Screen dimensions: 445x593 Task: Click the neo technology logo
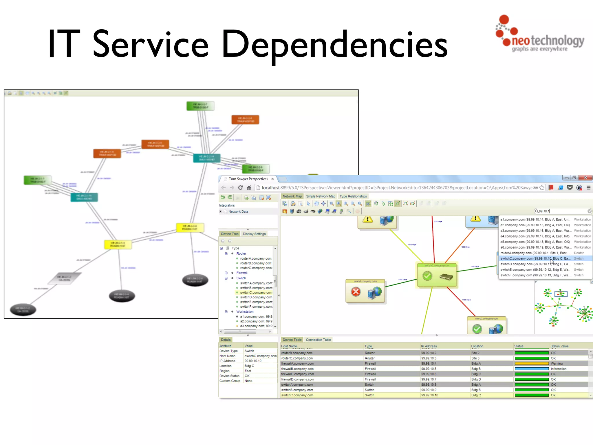[540, 35]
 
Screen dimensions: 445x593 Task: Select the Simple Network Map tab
[321, 196]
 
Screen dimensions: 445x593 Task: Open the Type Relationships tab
[353, 196]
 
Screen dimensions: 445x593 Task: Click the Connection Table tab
[318, 340]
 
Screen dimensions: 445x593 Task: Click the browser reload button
[240, 188]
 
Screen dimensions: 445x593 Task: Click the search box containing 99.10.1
[560, 211]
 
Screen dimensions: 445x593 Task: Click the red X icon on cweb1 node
[356, 292]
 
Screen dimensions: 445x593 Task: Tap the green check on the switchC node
[427, 276]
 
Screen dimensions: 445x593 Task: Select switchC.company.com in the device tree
[256, 293]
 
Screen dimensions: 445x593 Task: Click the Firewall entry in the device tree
[242, 273]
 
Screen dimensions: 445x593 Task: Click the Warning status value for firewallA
[557, 364]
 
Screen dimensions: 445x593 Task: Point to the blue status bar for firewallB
[531, 369]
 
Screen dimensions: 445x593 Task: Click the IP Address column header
[429, 346]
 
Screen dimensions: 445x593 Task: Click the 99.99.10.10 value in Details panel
[253, 361]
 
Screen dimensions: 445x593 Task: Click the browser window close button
[585, 178]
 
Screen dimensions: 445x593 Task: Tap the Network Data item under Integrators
[238, 212]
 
